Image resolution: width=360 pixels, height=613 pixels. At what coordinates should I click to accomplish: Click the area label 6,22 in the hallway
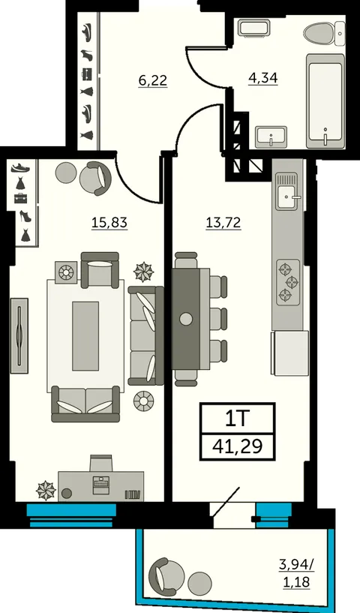(153, 80)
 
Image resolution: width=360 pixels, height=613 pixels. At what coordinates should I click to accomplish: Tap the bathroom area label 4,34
(263, 78)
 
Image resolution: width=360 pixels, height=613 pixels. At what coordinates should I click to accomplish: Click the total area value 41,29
(237, 446)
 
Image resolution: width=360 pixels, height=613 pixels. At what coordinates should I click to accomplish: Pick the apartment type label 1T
(237, 419)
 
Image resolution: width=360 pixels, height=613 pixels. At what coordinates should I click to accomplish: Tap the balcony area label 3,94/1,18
(297, 572)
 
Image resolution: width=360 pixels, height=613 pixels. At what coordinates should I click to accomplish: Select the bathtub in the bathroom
(325, 101)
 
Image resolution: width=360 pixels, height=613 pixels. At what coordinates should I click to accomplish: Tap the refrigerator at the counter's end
(290, 353)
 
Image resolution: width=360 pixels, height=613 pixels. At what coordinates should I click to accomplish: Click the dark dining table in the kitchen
(186, 319)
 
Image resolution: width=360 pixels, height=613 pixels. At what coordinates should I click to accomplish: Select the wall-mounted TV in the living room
(19, 335)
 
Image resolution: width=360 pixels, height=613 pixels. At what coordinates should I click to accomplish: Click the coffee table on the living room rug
(85, 336)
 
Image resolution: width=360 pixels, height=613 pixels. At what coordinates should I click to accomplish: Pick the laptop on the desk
(100, 484)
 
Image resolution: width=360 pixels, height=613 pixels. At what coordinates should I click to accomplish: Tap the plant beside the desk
(46, 490)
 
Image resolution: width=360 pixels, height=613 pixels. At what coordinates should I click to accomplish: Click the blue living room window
(71, 515)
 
